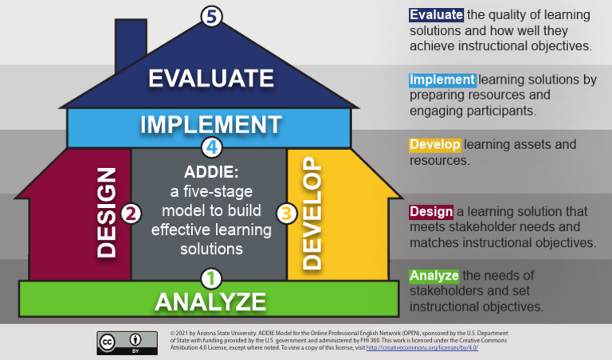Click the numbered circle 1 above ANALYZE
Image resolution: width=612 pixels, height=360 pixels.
[210, 279]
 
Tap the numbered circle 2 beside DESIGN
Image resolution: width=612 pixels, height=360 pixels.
[131, 213]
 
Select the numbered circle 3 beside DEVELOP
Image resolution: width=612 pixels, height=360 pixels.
[287, 213]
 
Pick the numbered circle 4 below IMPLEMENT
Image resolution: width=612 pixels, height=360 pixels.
[211, 147]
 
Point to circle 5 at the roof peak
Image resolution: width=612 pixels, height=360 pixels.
[210, 15]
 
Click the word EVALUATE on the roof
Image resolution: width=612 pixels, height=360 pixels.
[211, 78]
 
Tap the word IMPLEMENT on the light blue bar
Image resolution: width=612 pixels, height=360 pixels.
[211, 125]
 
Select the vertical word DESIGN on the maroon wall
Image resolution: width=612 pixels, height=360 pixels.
[106, 211]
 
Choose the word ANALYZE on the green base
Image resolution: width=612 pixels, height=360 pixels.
[210, 302]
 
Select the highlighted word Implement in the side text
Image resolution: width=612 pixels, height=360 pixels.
[442, 80]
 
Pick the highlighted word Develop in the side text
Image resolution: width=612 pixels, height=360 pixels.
[435, 145]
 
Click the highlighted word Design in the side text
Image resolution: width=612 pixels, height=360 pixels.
[431, 211]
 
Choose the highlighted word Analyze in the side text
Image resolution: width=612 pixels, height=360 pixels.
[434, 276]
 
